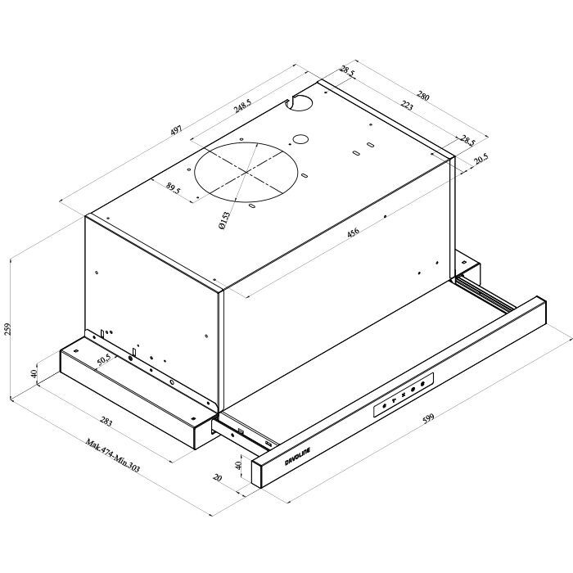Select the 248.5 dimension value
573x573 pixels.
click(240, 108)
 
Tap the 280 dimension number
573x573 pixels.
click(422, 96)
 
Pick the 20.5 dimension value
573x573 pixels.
click(481, 159)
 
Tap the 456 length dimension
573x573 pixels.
click(353, 232)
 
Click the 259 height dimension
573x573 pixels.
click(9, 329)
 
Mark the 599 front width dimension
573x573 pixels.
click(427, 418)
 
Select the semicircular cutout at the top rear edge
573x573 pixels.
click(300, 102)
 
